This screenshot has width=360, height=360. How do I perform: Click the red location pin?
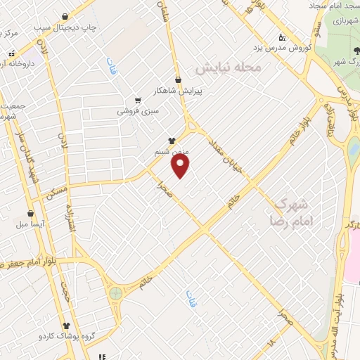pyautogui.click(x=181, y=166)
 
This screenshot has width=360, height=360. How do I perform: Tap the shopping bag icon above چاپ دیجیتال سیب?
pyautogui.click(x=65, y=17)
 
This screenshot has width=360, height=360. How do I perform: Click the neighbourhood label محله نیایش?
pyautogui.click(x=228, y=67)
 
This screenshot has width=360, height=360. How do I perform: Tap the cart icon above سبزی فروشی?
pyautogui.click(x=138, y=100)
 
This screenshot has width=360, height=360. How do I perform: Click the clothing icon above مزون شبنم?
pyautogui.click(x=172, y=141)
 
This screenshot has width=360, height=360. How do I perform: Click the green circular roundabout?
pyautogui.click(x=115, y=292)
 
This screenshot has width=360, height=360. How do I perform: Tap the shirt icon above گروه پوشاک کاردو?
pyautogui.click(x=66, y=326)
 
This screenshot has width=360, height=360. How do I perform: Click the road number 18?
pyautogui.click(x=271, y=342)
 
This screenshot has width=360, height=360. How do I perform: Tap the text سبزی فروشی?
pyautogui.click(x=138, y=111)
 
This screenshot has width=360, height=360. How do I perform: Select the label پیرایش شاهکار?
pyautogui.click(x=179, y=91)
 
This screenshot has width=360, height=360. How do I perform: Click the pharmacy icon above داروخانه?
pyautogui.click(x=11, y=53)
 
